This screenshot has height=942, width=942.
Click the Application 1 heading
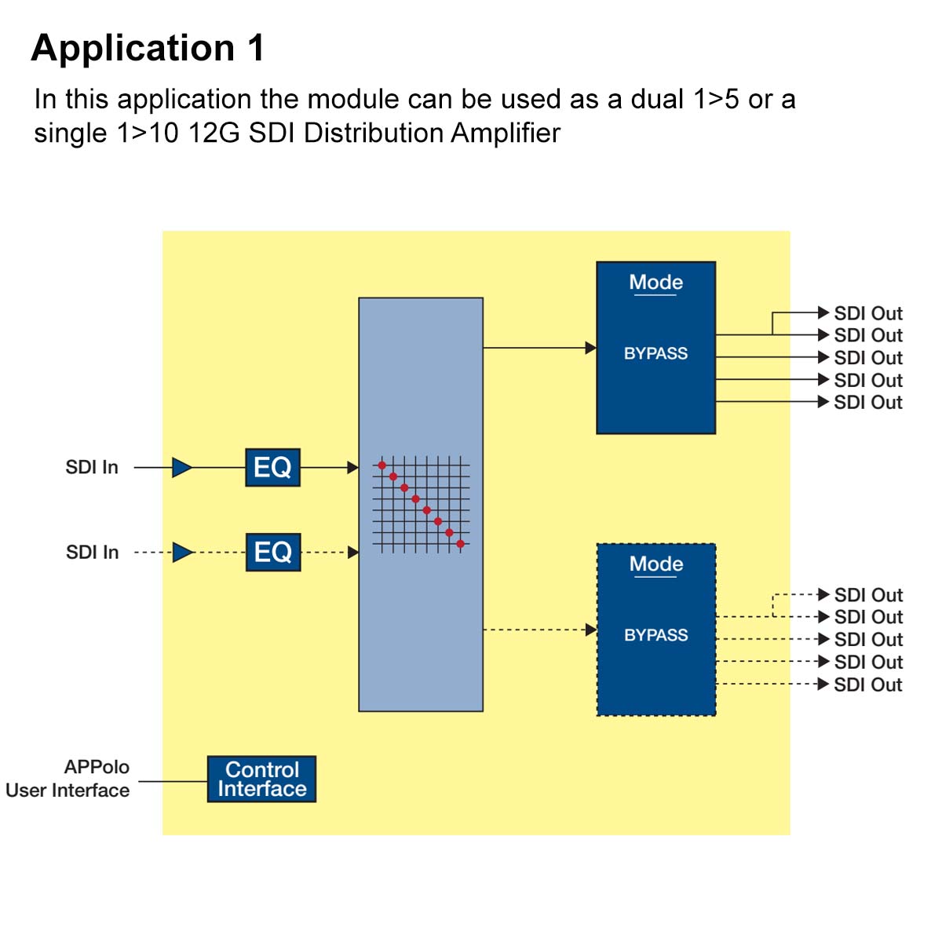[x=148, y=49]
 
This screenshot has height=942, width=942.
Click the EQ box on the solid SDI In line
[x=272, y=468]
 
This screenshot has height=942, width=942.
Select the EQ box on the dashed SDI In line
[x=272, y=553]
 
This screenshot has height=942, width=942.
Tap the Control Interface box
[x=261, y=780]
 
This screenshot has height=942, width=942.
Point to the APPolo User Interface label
[x=69, y=779]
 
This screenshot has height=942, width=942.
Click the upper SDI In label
[x=92, y=468]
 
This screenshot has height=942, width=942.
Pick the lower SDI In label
[x=92, y=553]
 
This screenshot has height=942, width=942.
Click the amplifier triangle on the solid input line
[x=181, y=468]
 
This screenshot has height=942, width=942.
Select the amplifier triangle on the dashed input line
[x=181, y=553]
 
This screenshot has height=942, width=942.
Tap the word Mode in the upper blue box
[x=655, y=283]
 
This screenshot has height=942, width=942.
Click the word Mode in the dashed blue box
[x=655, y=564]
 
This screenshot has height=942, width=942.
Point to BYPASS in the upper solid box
[x=655, y=354]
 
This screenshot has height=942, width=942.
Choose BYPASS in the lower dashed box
[x=655, y=636]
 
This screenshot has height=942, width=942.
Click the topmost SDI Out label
[x=867, y=313]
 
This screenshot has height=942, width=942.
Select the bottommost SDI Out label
[x=867, y=685]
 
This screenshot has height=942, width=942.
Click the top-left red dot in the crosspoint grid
[x=382, y=466]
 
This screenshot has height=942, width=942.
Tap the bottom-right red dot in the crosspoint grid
[x=461, y=544]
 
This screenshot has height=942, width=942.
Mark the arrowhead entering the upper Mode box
[x=590, y=348]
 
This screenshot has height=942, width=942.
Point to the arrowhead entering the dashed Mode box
[x=590, y=630]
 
